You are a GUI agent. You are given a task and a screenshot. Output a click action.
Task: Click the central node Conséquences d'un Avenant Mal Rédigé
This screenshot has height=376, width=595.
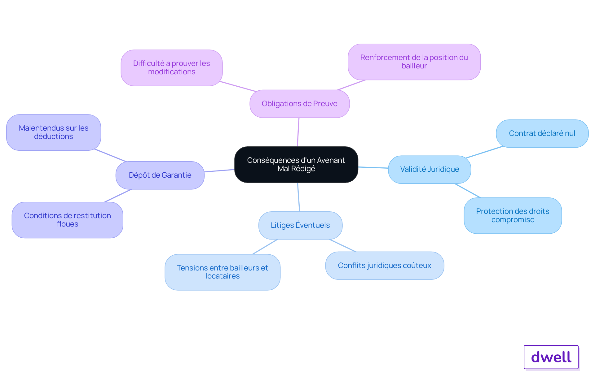[x=296, y=165]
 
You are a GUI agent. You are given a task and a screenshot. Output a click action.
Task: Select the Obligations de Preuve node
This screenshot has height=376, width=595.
[x=300, y=104]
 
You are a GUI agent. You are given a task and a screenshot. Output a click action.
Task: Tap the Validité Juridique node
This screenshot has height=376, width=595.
[x=430, y=170]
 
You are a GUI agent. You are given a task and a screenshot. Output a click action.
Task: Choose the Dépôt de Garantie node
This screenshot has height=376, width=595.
[x=160, y=175]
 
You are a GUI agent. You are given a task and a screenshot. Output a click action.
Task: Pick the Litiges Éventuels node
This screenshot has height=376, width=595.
[x=300, y=225]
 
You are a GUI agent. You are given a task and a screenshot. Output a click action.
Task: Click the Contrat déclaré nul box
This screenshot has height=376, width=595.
[x=542, y=133]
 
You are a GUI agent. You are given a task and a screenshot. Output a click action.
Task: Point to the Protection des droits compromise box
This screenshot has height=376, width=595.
[x=513, y=216]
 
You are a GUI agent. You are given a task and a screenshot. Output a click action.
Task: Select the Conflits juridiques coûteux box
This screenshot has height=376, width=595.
[x=385, y=266]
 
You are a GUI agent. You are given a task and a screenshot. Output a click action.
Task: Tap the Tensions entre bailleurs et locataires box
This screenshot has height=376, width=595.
[x=223, y=272]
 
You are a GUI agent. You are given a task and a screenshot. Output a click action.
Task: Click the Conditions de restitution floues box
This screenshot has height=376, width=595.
[x=68, y=220]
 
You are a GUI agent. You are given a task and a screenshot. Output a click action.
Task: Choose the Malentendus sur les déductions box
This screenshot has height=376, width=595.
[x=54, y=132]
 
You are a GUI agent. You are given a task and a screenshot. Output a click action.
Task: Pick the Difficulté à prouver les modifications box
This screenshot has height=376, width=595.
[x=172, y=68]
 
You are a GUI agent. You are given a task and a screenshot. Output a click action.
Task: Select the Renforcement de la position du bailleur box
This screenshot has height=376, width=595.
[x=414, y=62]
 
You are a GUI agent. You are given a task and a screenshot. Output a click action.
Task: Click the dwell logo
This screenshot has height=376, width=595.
[x=551, y=357]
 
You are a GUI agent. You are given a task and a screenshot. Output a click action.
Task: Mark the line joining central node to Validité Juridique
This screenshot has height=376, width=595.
[x=373, y=167]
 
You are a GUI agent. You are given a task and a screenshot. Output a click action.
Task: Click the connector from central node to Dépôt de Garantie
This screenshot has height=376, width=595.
[x=219, y=171]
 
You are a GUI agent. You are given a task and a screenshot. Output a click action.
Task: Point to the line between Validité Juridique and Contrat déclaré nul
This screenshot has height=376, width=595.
[x=484, y=152]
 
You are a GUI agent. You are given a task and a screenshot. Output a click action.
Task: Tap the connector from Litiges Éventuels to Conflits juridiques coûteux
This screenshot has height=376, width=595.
[x=343, y=245]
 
